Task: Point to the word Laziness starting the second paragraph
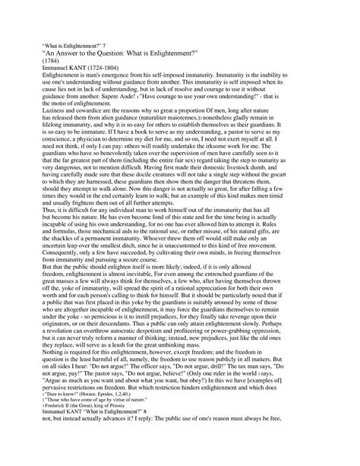pos(60,127)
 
